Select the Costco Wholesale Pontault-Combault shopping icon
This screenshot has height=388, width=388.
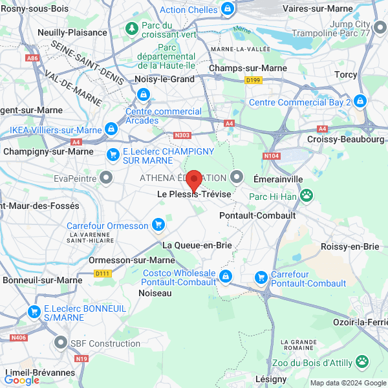point(225,277)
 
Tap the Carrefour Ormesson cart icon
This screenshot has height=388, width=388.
point(158,225)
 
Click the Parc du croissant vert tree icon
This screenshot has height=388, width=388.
point(132,28)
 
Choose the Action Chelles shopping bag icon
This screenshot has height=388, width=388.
point(228,9)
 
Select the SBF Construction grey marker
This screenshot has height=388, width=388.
point(61,343)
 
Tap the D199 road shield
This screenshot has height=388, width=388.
point(253,80)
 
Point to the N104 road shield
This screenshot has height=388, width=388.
point(271,155)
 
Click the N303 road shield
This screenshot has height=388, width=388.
point(183,135)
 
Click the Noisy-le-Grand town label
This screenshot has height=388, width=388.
point(164,79)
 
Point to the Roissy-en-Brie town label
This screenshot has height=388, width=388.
point(350,246)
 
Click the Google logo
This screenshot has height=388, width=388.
point(22,380)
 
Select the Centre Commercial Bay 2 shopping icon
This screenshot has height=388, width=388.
point(360,102)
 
